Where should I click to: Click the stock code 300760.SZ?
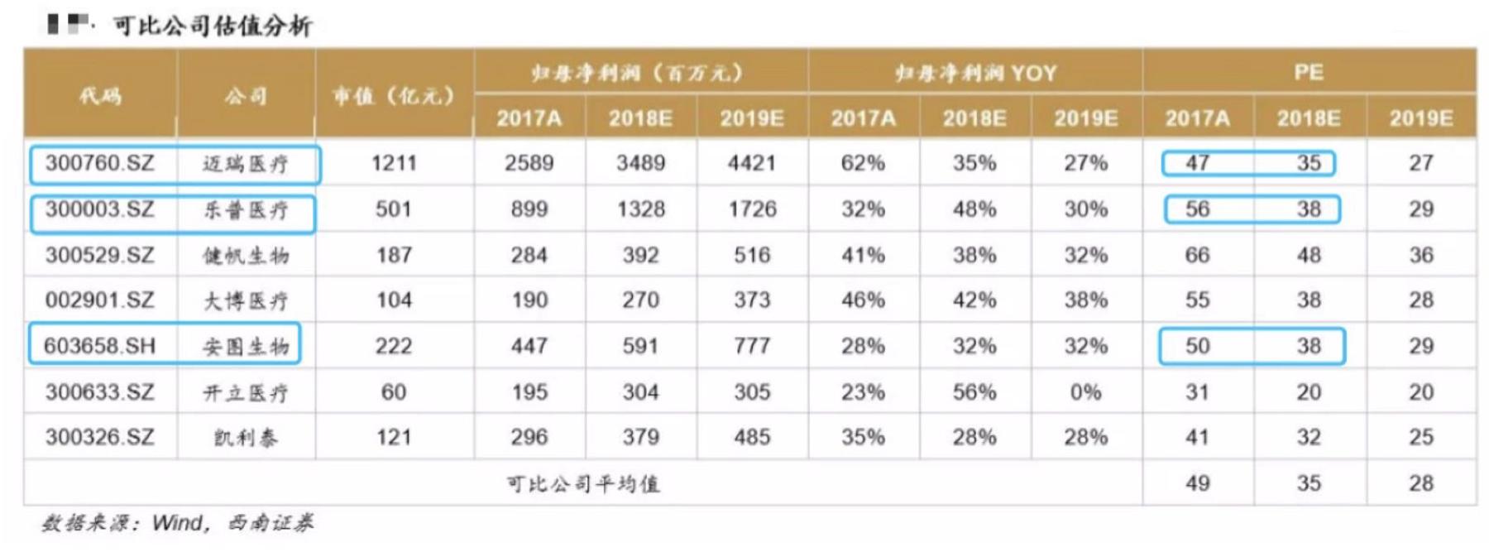coord(99,163)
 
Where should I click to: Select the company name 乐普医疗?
coord(246,210)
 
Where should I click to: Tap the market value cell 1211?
coord(394,163)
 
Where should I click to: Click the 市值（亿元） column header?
coord(394,96)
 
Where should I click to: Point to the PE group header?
coord(1309,72)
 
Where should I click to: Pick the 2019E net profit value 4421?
coord(752,163)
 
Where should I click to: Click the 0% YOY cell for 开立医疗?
coord(1085,391)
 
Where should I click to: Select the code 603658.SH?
coord(99,346)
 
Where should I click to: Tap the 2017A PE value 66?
coord(1197,255)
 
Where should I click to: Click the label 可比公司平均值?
coord(583,483)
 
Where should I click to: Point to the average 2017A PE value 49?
coord(1197,483)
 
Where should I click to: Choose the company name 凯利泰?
coord(246,438)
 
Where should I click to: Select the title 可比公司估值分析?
coord(213,26)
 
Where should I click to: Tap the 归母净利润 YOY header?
coord(975,73)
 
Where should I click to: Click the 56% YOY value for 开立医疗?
coord(974,391)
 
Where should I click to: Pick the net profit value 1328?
coord(640,209)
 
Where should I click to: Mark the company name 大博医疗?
coord(246,300)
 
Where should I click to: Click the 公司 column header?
coord(246,96)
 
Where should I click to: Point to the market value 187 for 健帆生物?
coord(394,255)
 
